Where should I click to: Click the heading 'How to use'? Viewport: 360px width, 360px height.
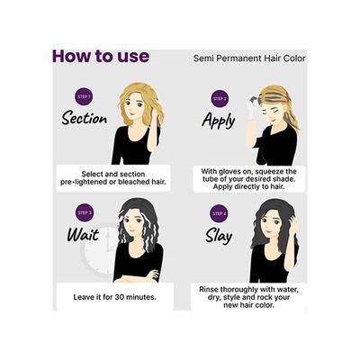point(100,56)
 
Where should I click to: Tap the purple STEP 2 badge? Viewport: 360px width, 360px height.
point(219,97)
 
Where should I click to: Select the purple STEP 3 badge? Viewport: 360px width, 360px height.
point(85,212)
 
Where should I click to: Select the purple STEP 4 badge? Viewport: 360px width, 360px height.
point(219,213)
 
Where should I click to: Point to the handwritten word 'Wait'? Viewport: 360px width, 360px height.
point(82,235)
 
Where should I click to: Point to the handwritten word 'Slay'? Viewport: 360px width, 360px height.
point(219,235)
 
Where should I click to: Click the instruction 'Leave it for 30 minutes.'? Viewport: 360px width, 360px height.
point(113,295)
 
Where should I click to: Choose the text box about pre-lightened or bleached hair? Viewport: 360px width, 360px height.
point(113,176)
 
